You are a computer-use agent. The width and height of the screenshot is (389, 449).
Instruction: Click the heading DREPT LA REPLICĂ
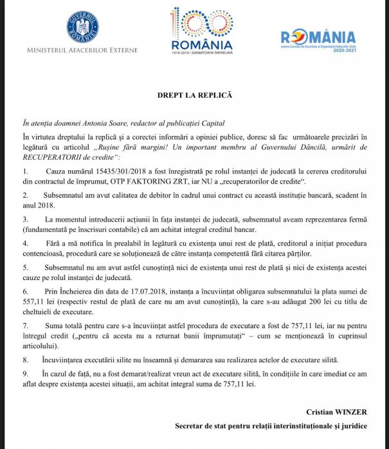194,94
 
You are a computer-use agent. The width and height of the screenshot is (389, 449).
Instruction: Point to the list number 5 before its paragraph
25,265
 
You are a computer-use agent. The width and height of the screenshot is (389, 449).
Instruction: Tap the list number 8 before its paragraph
25,360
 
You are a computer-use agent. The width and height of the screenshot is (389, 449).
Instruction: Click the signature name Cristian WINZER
335,412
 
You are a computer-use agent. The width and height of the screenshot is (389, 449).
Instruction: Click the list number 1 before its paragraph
25,173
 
